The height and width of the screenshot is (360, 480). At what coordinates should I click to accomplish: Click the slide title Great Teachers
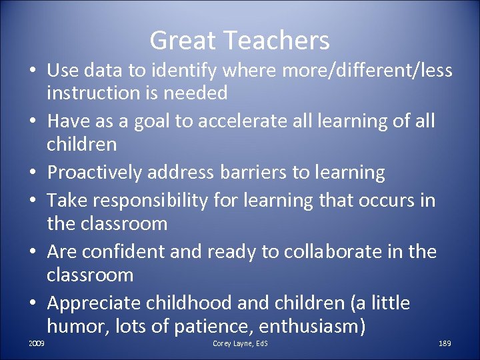(x=239, y=41)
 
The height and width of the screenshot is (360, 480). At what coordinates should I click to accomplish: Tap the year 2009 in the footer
(x=38, y=343)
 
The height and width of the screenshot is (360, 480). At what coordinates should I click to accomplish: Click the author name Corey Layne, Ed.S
(x=240, y=343)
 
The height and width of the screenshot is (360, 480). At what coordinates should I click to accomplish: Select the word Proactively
(x=95, y=173)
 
